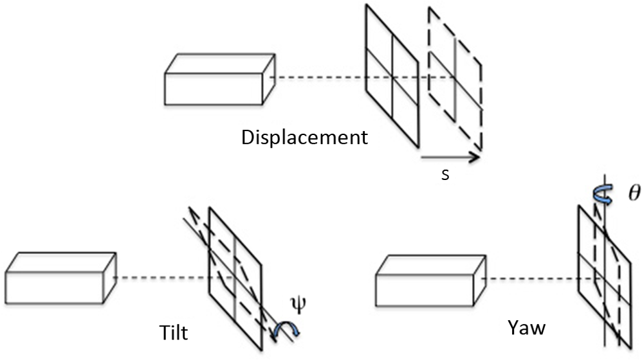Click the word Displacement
click(304, 138)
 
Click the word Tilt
click(174, 332)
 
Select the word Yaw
click(527, 328)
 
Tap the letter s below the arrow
click(445, 175)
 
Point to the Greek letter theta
click(634, 193)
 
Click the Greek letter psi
click(298, 305)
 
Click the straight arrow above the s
click(450, 157)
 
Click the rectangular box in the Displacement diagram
click(220, 79)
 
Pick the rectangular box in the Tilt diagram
click(60, 278)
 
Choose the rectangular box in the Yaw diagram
click(431, 281)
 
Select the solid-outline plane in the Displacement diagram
click(392, 76)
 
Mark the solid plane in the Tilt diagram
click(235, 278)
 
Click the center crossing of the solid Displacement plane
click(392, 77)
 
